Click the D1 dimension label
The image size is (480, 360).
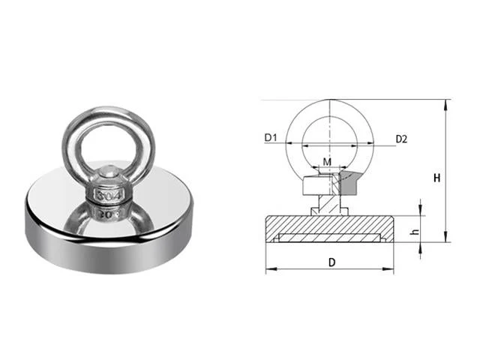(x=270, y=138)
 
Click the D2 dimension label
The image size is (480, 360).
(x=401, y=139)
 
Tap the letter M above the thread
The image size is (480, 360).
(x=327, y=162)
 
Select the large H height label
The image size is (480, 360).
(x=436, y=178)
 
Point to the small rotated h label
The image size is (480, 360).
(x=415, y=232)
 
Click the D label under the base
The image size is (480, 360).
(x=331, y=262)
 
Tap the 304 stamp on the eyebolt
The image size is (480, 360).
(x=109, y=195)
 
